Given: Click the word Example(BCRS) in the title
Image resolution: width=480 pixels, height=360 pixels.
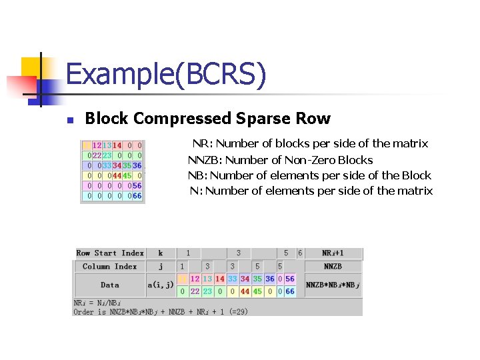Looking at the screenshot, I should [x=166, y=74].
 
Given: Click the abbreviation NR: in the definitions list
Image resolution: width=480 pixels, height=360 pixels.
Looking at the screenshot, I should [x=202, y=143].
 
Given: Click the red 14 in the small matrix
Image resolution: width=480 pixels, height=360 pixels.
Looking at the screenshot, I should [x=117, y=145].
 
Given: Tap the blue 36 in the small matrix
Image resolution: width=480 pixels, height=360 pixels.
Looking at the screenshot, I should [x=137, y=165].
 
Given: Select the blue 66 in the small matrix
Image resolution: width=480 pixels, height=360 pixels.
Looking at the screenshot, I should [x=137, y=196].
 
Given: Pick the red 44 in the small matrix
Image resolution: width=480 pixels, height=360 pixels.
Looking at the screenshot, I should [x=117, y=175].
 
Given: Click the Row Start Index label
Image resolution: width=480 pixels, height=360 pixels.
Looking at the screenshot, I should [x=110, y=253].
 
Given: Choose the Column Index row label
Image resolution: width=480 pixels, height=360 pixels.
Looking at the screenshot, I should [x=110, y=267].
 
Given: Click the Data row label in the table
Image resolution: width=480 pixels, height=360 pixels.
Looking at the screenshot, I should [x=110, y=285].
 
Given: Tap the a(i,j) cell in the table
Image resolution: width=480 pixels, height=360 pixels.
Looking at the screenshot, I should [x=161, y=285].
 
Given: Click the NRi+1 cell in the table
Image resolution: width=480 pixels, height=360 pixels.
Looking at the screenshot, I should [x=333, y=253].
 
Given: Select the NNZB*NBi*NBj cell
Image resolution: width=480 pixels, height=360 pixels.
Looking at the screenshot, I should [x=333, y=285].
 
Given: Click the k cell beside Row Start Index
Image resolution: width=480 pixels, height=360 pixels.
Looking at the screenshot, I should [x=161, y=253].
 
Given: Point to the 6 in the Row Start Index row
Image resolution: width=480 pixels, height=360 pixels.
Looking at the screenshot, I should [x=300, y=253].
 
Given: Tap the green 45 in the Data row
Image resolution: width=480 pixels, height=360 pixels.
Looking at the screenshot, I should [x=257, y=291].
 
